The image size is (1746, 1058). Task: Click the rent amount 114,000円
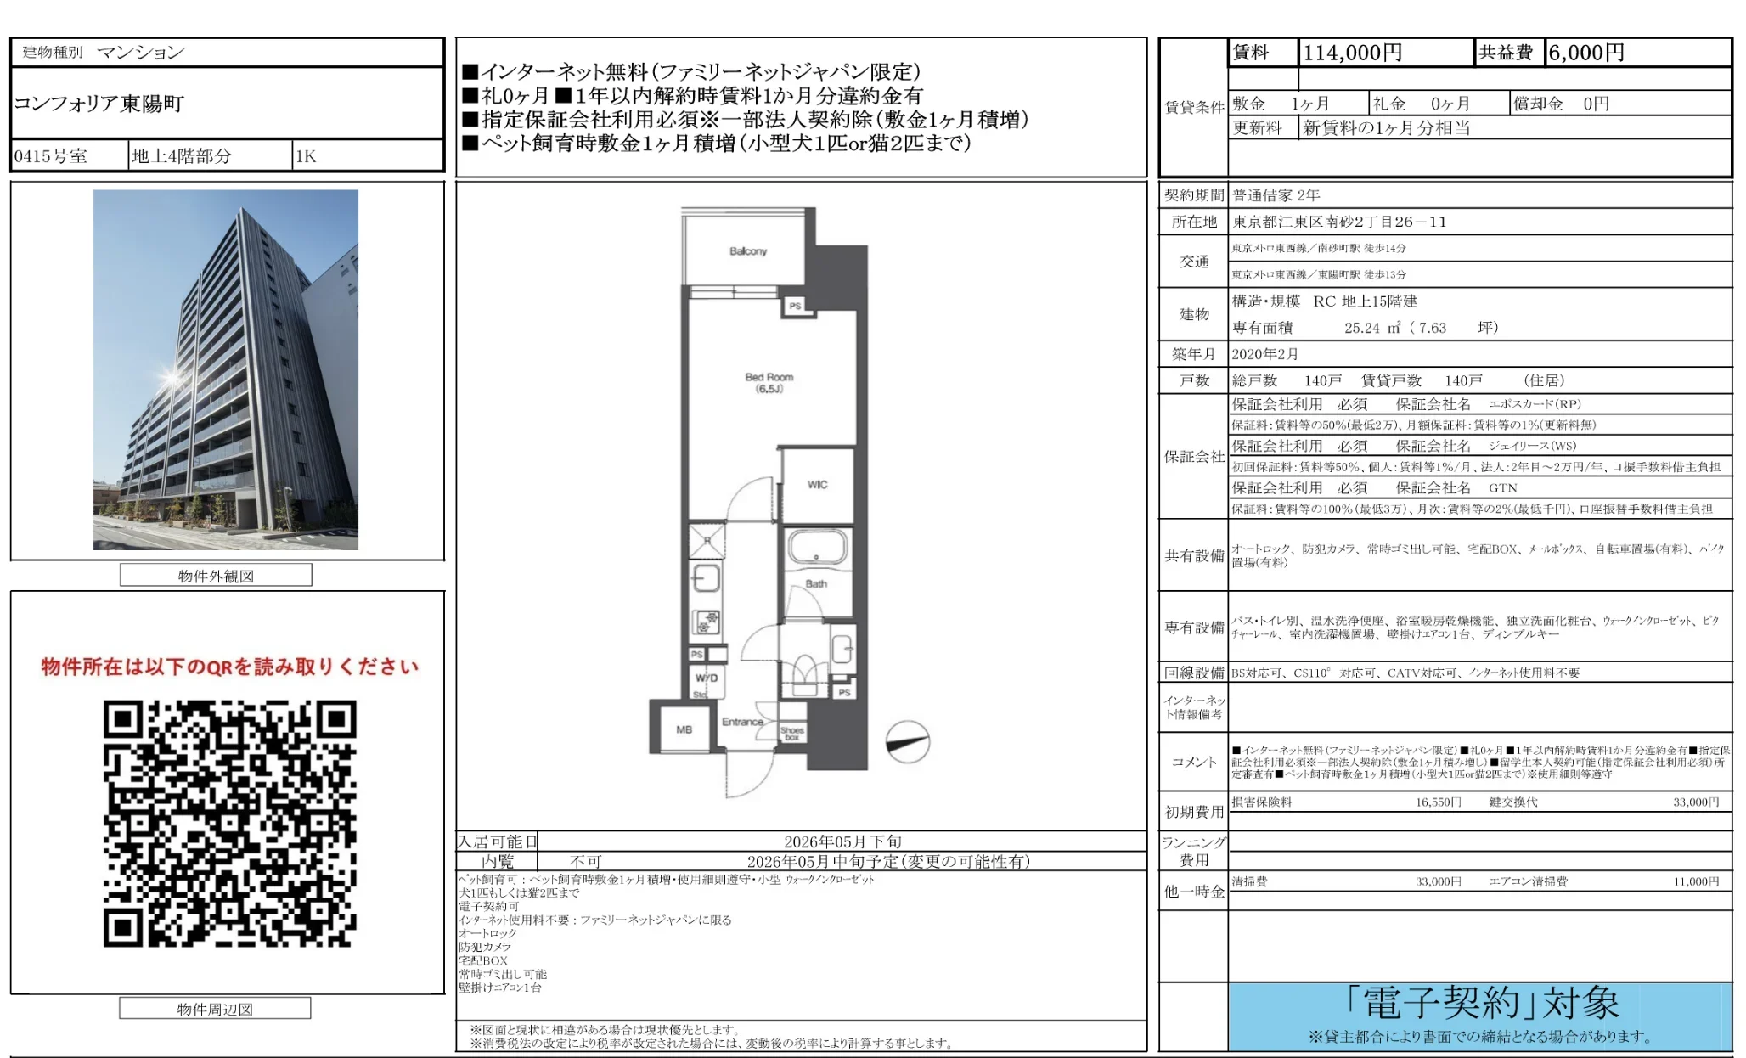tap(1352, 53)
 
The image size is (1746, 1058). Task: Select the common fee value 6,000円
tap(1585, 53)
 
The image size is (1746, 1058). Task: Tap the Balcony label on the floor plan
tap(747, 251)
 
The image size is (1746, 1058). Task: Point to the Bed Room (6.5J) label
tap(769, 382)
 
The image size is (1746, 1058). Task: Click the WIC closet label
tap(817, 485)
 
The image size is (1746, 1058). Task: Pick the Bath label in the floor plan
tap(816, 583)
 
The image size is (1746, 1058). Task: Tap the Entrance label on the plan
tap(742, 722)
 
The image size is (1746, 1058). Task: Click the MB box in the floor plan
tap(684, 729)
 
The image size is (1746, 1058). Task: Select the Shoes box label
tap(792, 733)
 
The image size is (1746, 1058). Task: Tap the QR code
tap(229, 823)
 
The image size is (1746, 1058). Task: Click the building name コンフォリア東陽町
tap(99, 104)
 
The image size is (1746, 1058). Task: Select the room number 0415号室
tap(51, 156)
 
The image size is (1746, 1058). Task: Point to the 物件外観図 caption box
tap(216, 576)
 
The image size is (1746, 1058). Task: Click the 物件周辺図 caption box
tap(215, 1009)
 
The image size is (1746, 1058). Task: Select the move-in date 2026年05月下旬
tap(842, 841)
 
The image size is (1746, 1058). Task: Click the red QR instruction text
tap(229, 667)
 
